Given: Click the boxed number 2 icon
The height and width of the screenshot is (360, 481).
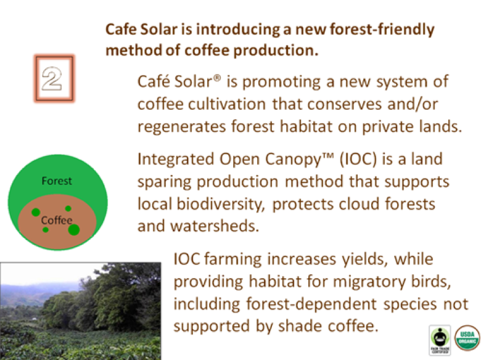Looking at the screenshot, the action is click(x=54, y=78).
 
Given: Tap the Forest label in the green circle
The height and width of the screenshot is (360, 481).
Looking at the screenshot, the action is click(x=57, y=181).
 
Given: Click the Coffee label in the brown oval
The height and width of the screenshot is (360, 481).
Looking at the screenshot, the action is click(x=57, y=220).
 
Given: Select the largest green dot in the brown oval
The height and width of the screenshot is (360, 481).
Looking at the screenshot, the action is click(x=74, y=229).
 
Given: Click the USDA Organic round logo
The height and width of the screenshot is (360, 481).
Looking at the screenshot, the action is click(x=467, y=338).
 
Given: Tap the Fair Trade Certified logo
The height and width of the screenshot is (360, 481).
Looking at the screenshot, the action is click(x=440, y=340).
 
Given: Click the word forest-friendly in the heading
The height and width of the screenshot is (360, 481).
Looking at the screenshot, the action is click(x=382, y=30).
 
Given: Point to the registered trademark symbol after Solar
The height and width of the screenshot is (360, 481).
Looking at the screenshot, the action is click(x=216, y=78).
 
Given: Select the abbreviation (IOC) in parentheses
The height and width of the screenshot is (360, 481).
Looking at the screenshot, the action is click(x=358, y=159).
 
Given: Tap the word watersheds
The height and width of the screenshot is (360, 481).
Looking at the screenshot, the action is click(x=215, y=226).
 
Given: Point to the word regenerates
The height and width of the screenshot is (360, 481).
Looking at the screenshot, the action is click(x=181, y=126).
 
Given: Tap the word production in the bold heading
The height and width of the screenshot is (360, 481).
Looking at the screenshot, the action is click(x=276, y=51).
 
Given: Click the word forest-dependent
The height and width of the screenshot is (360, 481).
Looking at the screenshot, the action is click(x=311, y=304).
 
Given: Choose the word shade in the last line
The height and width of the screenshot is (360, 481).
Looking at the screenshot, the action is click(x=300, y=325).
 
